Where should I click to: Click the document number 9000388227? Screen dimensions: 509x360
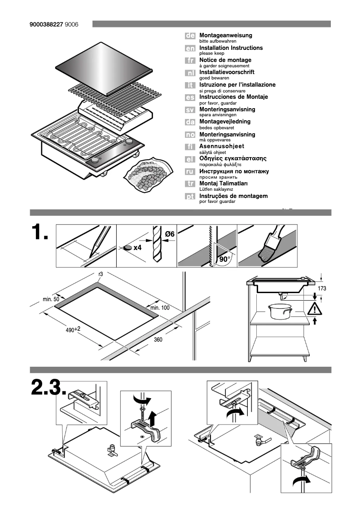point(46,24)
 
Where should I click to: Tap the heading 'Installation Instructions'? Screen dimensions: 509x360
point(231,48)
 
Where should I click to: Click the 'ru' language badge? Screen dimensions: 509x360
point(190,171)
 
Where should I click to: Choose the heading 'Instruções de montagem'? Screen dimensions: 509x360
point(233,196)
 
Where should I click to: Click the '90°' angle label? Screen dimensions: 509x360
point(224,259)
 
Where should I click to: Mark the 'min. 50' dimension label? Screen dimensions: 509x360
point(51,299)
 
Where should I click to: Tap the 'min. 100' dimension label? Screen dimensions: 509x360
point(160,307)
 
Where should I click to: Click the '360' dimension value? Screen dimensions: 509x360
point(158,340)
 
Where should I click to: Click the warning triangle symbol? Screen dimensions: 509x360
point(315,308)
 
